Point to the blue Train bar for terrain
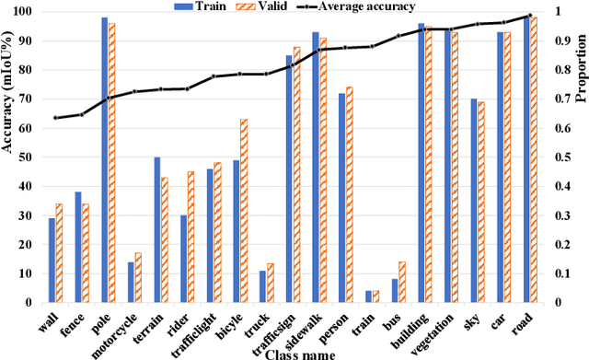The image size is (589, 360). [x=156, y=229]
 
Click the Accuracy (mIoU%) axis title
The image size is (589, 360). [x=7, y=157]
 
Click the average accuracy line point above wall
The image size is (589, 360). [x=55, y=118]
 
